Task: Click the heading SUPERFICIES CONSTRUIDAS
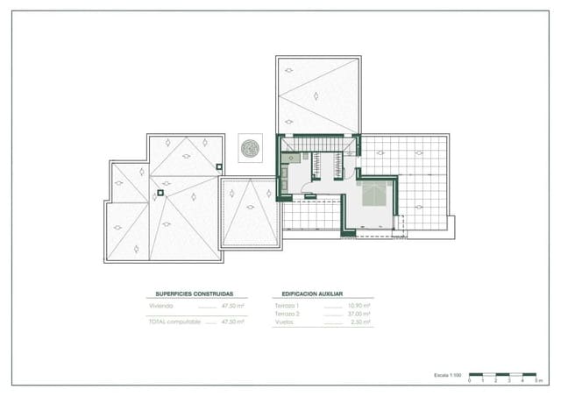point(195,294)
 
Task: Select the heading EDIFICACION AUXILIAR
point(312,294)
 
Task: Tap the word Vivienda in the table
point(160,306)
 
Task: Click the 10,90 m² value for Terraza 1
point(359,306)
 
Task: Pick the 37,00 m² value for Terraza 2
point(359,314)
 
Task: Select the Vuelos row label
point(284,322)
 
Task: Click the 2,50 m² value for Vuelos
point(361,322)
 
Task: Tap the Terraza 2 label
point(287,314)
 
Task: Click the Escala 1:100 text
point(448,375)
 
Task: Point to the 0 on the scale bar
point(470,381)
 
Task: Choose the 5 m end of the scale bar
point(536,381)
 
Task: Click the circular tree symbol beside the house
point(250,147)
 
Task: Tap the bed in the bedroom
point(375,194)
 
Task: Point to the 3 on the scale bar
point(509,381)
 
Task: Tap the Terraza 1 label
point(287,306)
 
